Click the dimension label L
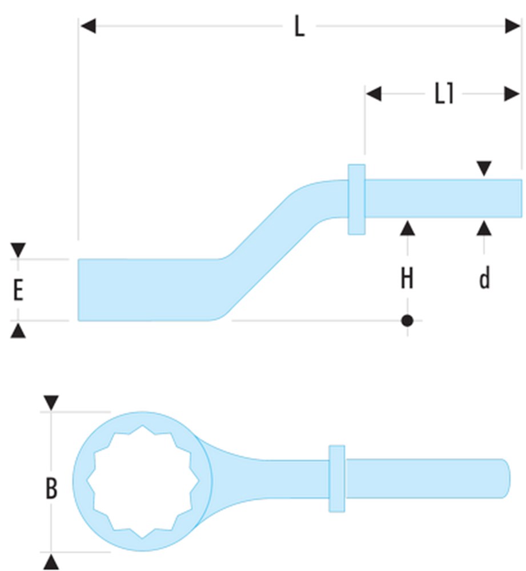(299, 27)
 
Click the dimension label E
(18, 291)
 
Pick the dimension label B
(51, 489)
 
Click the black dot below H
(407, 320)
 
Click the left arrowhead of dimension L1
(374, 94)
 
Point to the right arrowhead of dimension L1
(512, 94)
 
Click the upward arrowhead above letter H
(407, 228)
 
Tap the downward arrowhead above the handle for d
(484, 169)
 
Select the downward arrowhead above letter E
(18, 250)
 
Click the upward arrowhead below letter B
(51, 562)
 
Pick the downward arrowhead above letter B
(51, 403)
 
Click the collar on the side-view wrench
(356, 199)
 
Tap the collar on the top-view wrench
(337, 478)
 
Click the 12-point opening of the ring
(142, 482)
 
